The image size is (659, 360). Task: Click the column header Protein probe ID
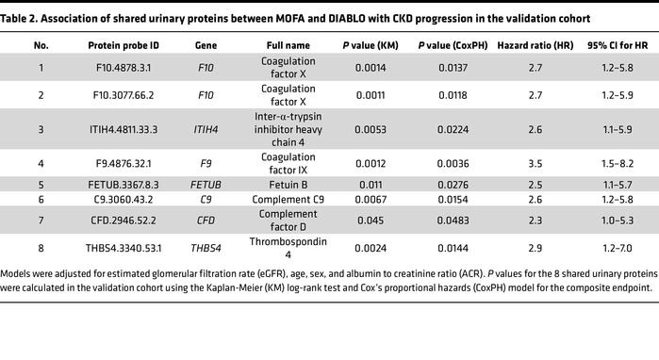pyautogui.click(x=122, y=44)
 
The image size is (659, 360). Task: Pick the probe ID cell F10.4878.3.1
pyautogui.click(x=122, y=70)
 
